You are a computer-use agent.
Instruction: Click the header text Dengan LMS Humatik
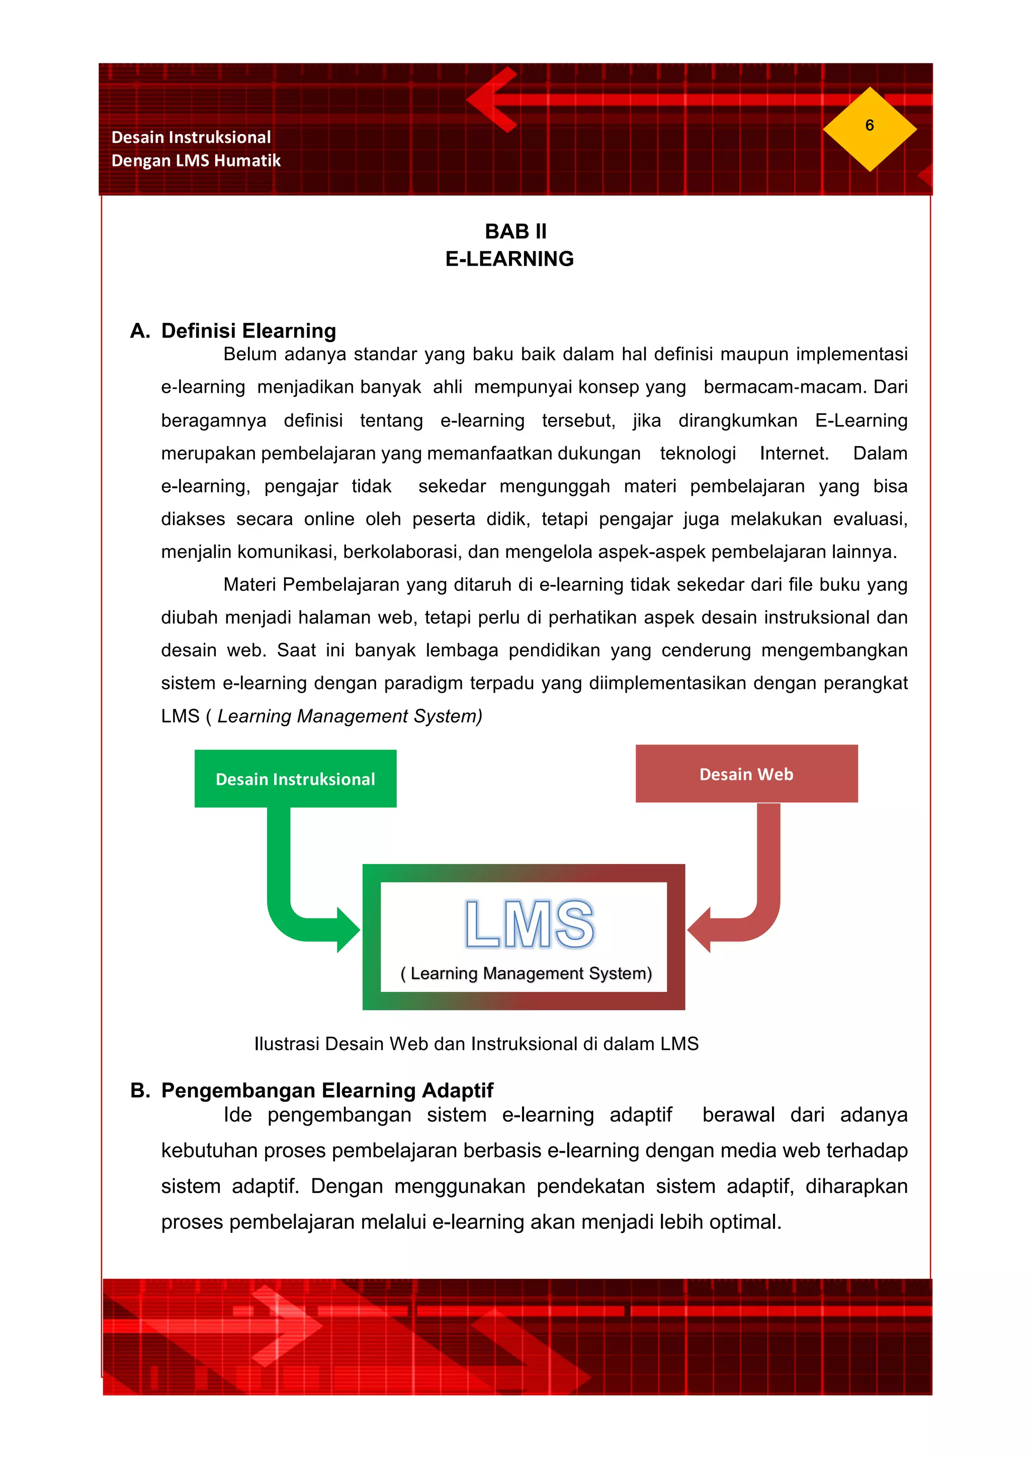[x=196, y=160]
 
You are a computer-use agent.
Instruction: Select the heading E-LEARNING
[x=509, y=259]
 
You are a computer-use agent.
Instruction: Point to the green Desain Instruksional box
[x=295, y=779]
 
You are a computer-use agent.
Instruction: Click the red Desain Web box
[x=746, y=774]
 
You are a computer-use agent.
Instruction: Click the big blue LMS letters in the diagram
[x=529, y=924]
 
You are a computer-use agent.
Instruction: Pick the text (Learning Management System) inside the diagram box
[x=526, y=974]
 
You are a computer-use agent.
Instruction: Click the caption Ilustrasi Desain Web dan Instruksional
[x=475, y=1044]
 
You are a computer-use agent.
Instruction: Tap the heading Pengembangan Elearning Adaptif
[x=327, y=1090]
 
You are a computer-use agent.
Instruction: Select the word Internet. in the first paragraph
[x=794, y=453]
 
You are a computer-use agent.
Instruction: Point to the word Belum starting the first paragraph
[x=249, y=354]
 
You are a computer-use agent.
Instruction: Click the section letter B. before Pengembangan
[x=140, y=1090]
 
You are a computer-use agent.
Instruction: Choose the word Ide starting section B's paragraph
[x=237, y=1115]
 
